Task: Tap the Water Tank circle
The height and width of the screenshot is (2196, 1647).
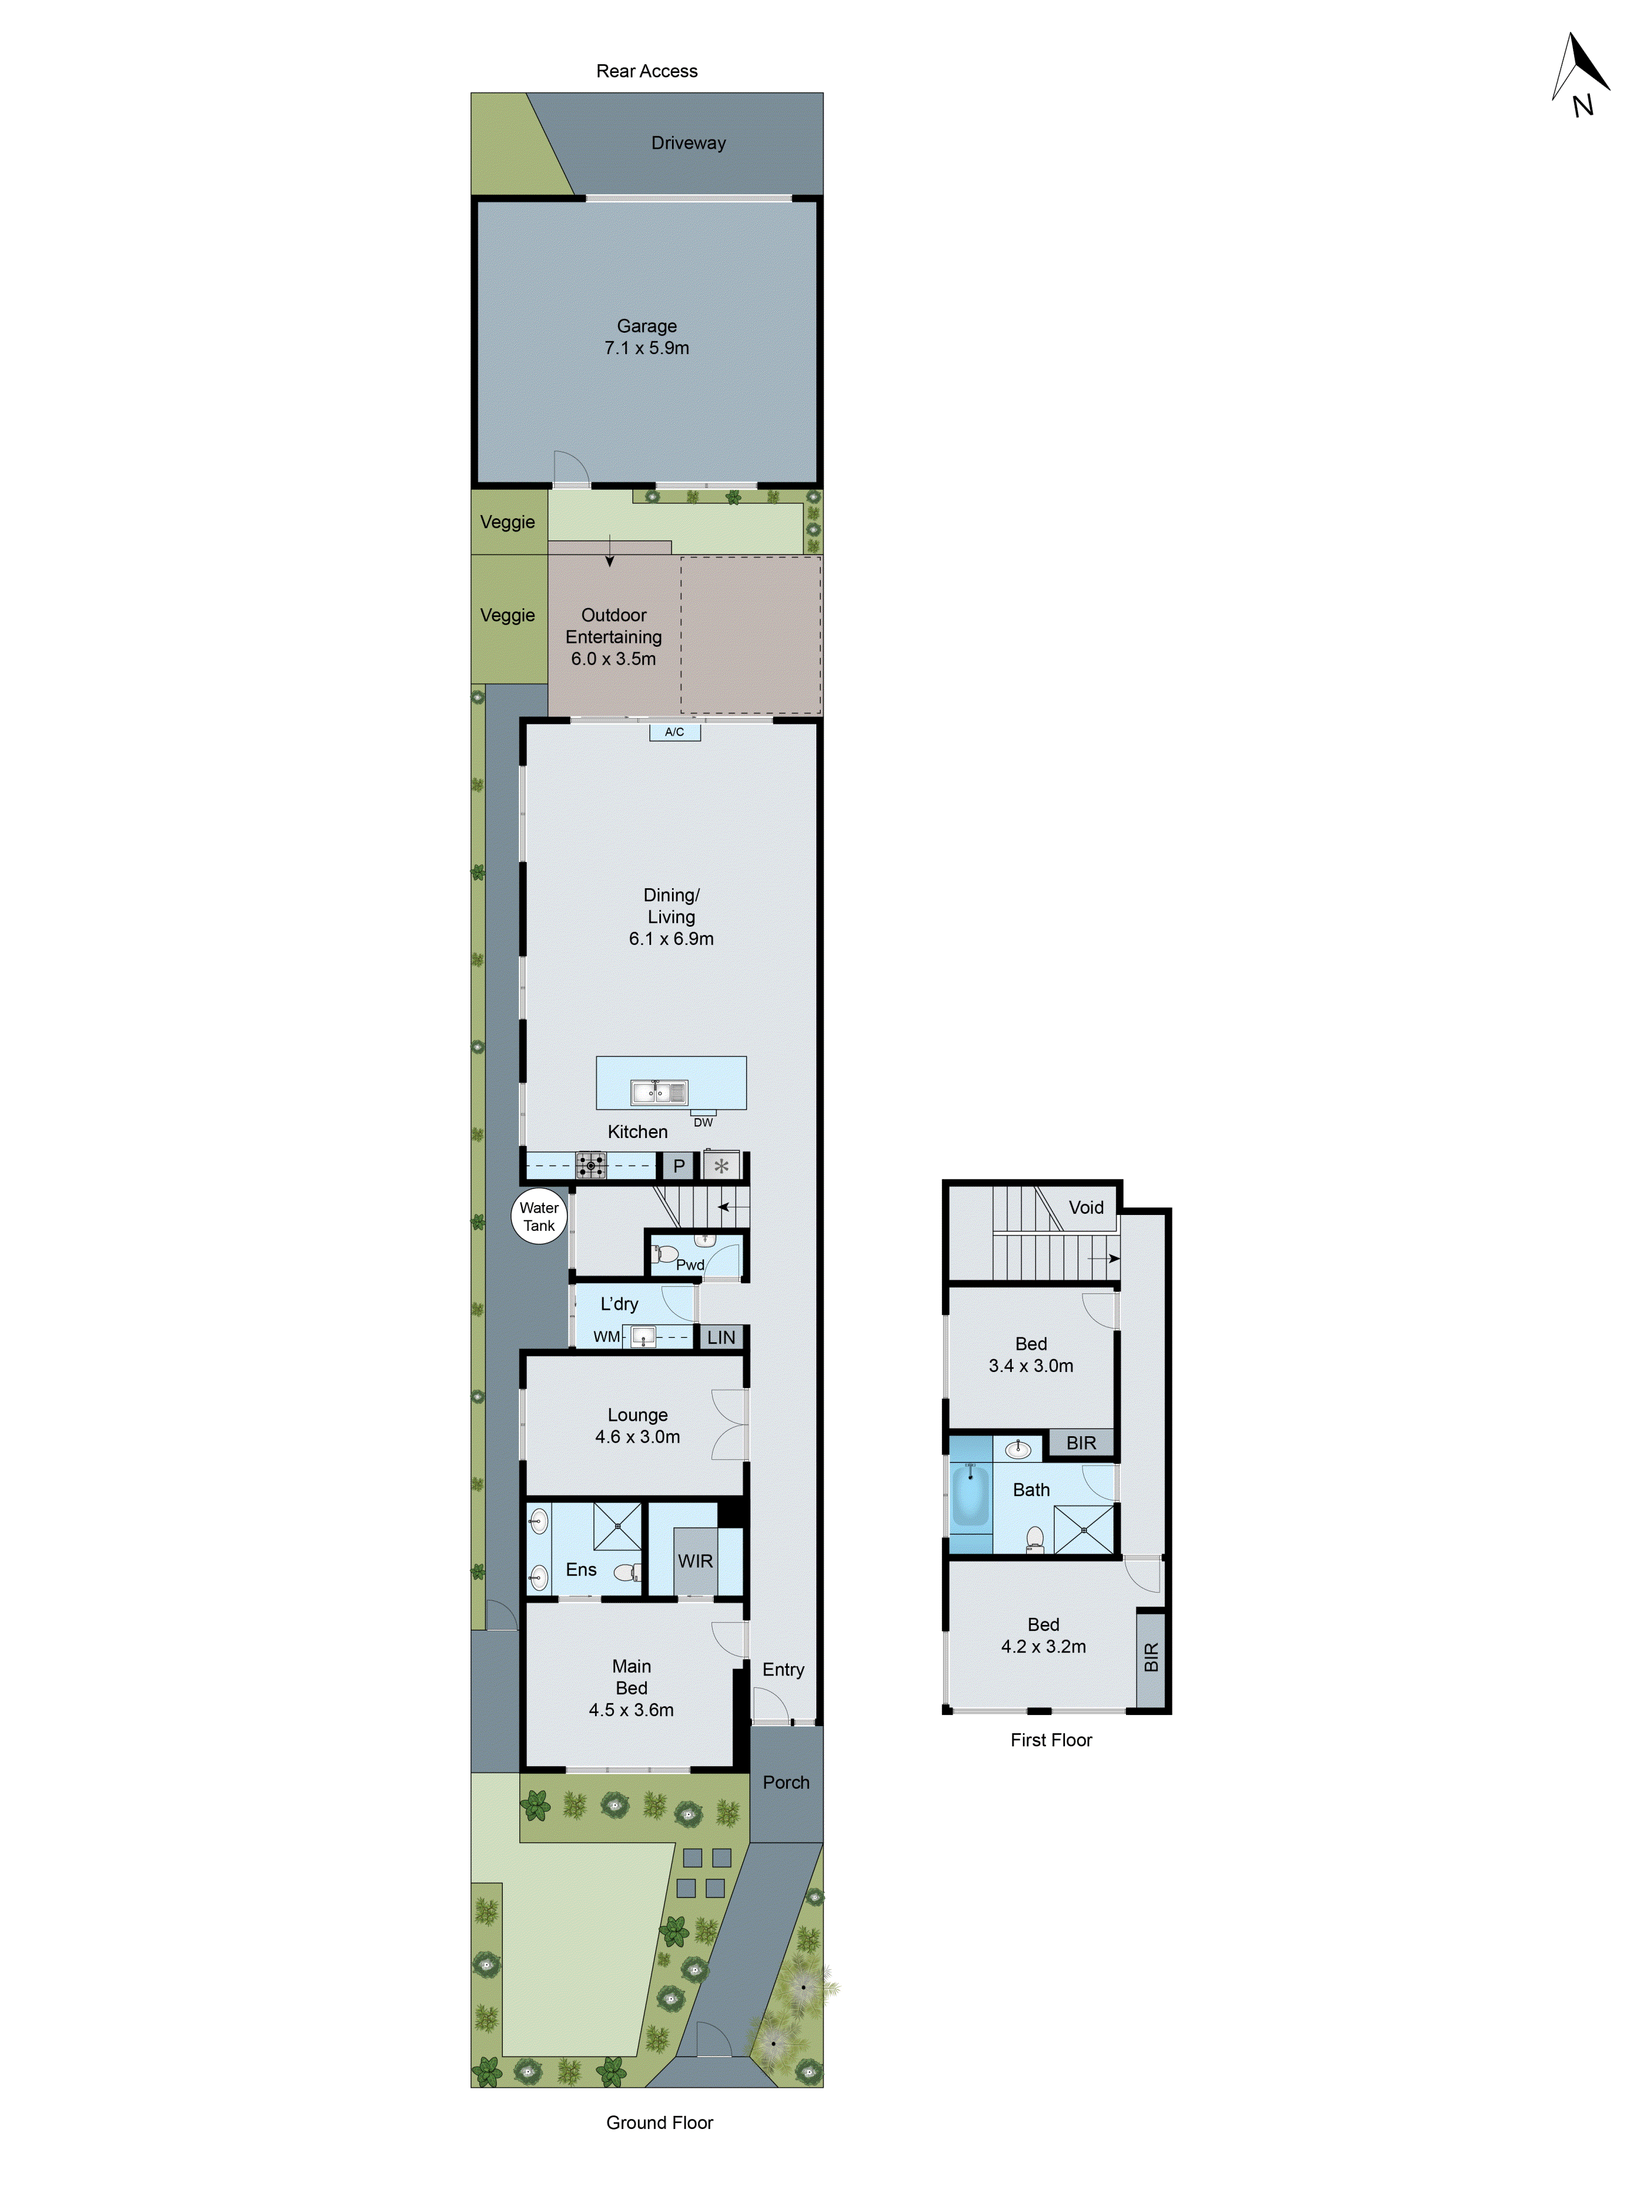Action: click(x=539, y=1216)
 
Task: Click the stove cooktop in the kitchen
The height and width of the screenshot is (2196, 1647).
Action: click(x=591, y=1164)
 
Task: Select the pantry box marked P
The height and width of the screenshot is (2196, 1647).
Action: click(x=679, y=1166)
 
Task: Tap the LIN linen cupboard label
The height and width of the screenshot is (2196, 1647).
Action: click(x=721, y=1337)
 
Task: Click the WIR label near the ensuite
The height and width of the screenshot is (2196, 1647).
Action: click(x=695, y=1561)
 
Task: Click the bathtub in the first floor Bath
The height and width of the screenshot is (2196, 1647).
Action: click(x=970, y=1495)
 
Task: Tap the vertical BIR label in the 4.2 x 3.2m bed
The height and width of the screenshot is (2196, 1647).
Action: click(x=1151, y=1656)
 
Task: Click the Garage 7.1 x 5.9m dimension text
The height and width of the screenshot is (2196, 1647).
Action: click(x=646, y=348)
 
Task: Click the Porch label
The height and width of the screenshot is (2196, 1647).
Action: click(x=785, y=1782)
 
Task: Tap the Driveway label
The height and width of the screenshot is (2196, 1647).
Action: click(x=688, y=143)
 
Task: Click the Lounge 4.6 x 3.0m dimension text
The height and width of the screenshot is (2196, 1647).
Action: click(x=637, y=1437)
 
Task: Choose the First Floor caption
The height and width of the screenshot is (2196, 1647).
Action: click(x=1050, y=1739)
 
